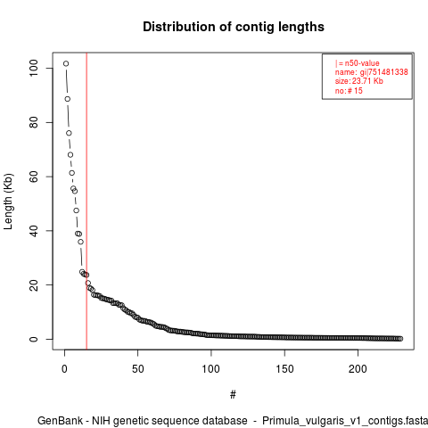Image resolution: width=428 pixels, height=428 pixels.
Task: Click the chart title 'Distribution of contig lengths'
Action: click(234, 27)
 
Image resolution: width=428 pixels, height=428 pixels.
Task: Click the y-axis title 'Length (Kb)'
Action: click(8, 202)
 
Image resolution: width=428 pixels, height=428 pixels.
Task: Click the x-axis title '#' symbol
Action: click(233, 395)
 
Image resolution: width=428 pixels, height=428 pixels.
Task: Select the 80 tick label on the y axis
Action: click(34, 122)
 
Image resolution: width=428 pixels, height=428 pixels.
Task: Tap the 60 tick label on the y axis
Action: click(34, 177)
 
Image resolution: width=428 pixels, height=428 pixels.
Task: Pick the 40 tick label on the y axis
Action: click(34, 231)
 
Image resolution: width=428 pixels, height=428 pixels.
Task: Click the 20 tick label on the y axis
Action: click(34, 284)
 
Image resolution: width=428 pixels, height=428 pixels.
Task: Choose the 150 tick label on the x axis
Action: click(284, 369)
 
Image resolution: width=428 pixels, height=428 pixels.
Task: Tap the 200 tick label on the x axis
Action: click(358, 369)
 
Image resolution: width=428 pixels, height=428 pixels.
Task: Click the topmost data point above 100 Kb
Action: click(66, 63)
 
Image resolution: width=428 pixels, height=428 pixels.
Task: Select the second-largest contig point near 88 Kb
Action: click(68, 99)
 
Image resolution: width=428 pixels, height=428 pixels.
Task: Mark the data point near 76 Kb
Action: click(69, 133)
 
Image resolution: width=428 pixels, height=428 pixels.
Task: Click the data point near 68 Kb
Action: click(70, 155)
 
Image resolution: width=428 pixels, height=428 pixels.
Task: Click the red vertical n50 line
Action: click(86, 202)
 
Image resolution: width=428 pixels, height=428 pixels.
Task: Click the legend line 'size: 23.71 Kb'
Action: click(359, 81)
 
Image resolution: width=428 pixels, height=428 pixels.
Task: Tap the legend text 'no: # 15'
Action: click(349, 90)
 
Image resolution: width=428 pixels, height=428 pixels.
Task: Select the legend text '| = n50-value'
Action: click(358, 63)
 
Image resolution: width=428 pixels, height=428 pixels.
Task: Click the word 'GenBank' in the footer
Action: click(60, 421)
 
